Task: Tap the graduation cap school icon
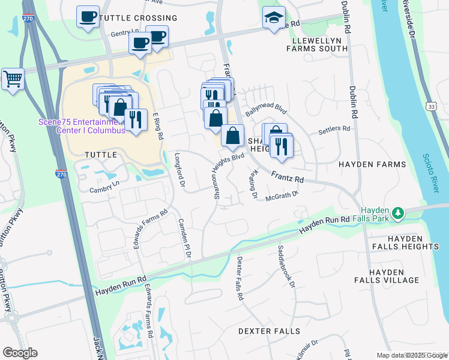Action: (x=274, y=18)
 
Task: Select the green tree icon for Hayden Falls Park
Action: (x=397, y=213)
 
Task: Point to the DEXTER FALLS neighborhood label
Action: (x=269, y=331)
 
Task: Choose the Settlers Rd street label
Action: (x=334, y=128)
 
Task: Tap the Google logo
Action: (x=19, y=353)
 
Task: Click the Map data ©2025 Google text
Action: (x=412, y=355)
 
